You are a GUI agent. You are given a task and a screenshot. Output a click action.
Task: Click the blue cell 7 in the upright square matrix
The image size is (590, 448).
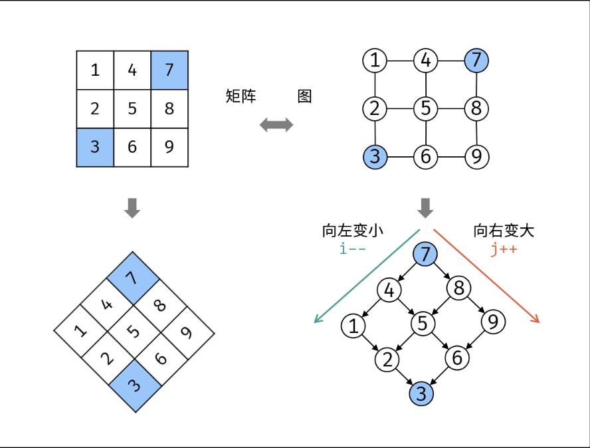tap(169, 70)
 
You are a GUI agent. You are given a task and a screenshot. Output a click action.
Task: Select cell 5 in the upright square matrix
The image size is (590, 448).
tap(132, 109)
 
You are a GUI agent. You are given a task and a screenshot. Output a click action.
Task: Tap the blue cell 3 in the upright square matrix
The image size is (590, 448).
tap(95, 147)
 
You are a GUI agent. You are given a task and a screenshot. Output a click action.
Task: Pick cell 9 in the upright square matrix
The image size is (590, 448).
tap(169, 147)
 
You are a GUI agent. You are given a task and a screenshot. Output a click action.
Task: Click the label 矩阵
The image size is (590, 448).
tap(241, 96)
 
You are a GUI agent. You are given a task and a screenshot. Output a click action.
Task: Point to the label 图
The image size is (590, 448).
tap(304, 96)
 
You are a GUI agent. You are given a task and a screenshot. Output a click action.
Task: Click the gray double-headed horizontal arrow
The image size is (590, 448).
tap(276, 125)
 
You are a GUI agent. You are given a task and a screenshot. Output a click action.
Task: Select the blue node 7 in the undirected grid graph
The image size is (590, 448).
tap(476, 60)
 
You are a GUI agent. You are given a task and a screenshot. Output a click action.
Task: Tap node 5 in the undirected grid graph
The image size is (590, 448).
tap(426, 108)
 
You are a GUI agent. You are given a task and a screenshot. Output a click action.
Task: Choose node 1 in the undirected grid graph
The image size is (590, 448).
tap(375, 60)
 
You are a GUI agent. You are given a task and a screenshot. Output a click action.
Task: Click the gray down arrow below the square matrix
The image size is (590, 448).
tap(132, 208)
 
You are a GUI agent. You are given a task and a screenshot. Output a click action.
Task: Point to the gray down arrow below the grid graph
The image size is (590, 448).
tap(426, 208)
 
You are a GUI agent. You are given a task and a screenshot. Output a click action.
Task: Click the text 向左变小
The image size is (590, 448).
tap(353, 231)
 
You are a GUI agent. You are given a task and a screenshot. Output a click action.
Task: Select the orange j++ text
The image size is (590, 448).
tap(504, 249)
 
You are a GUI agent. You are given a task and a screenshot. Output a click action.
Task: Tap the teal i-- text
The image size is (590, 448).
tap(352, 249)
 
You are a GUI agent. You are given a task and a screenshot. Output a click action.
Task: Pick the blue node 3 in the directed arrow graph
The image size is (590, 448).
tap(421, 393)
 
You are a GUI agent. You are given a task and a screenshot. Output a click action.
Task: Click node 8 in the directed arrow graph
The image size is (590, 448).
tap(458, 288)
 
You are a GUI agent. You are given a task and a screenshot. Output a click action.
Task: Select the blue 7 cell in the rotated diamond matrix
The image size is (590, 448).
tap(133, 279)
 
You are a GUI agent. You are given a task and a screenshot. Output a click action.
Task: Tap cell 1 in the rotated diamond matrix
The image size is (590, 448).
tap(80, 331)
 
